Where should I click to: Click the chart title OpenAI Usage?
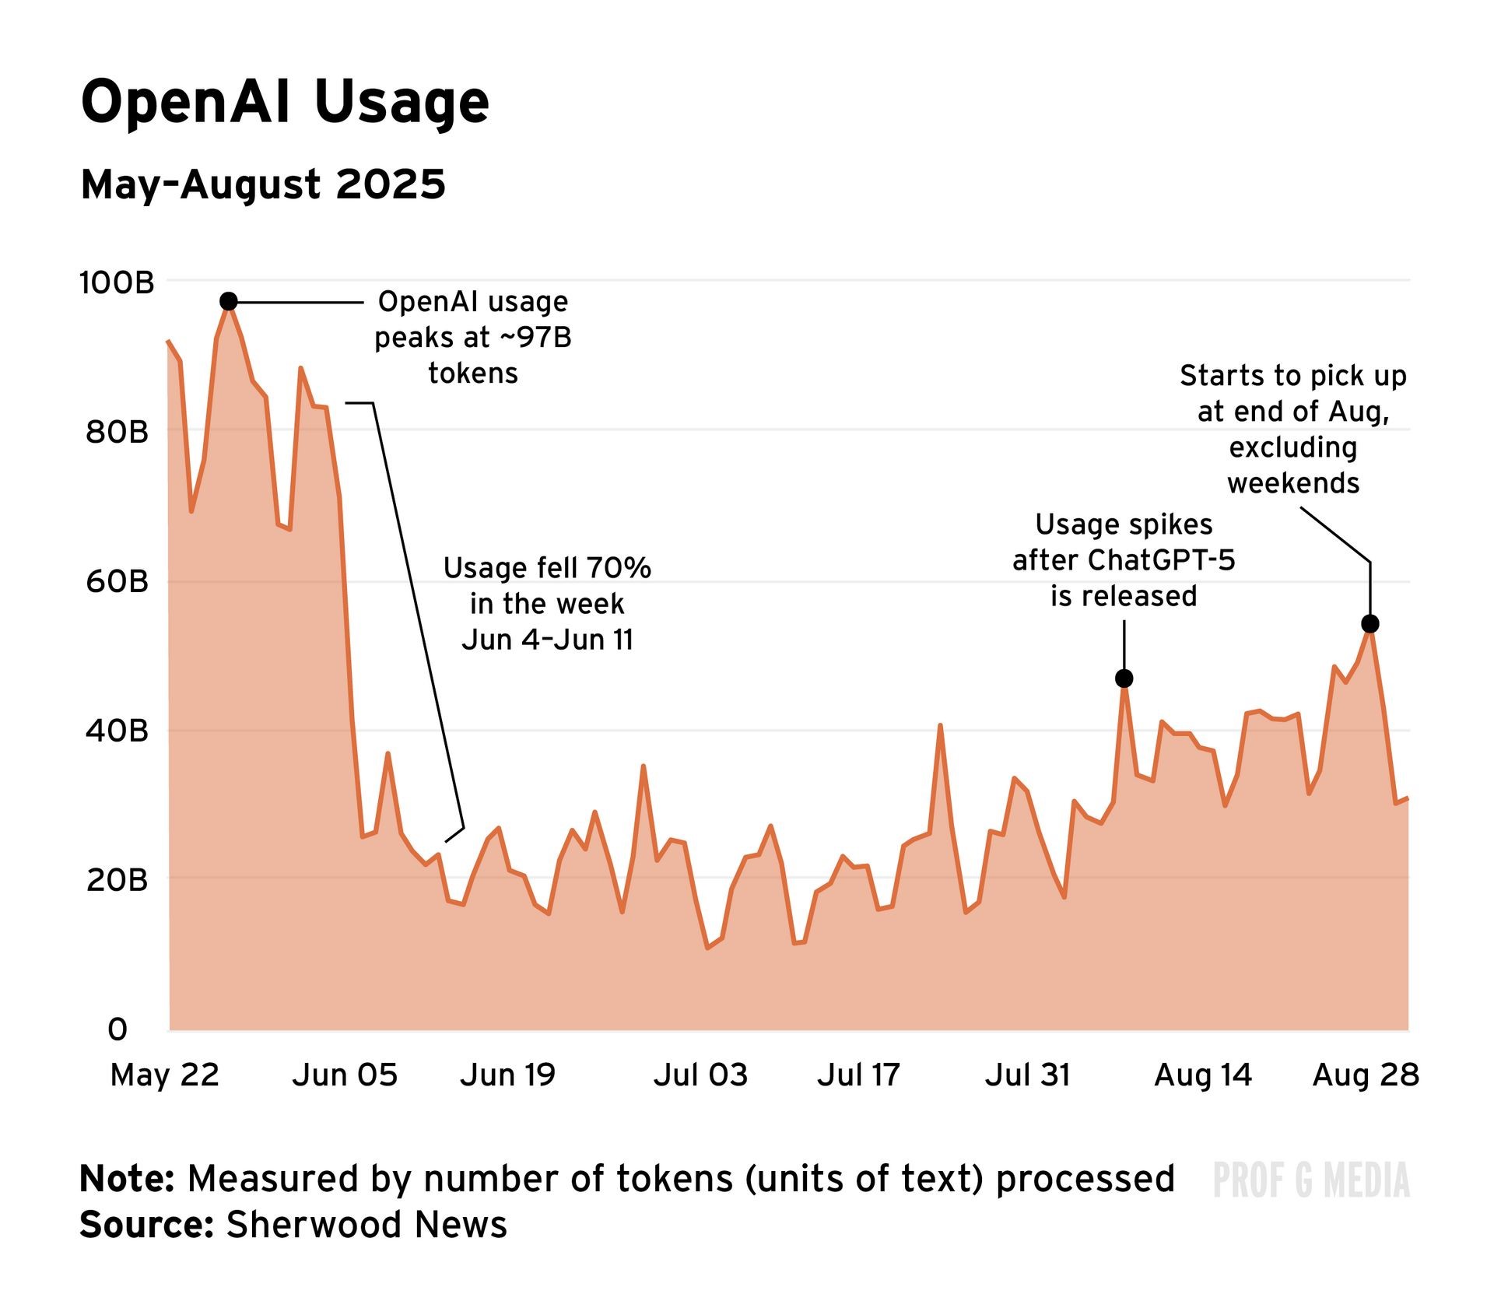tap(285, 103)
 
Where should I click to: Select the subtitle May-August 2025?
tap(263, 184)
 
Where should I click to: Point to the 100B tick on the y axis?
tap(117, 283)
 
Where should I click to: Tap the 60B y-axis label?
tap(117, 581)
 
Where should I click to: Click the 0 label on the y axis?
tap(117, 1029)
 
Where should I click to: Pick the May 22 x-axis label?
tap(165, 1075)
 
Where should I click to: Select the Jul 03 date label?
tap(700, 1075)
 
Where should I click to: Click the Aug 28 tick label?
tap(1366, 1075)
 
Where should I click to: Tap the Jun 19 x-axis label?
tap(507, 1075)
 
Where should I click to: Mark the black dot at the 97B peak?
tap(228, 301)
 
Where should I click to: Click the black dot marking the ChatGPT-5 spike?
tap(1124, 679)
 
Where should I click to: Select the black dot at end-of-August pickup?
tap(1370, 624)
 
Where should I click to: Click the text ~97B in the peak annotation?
tap(535, 338)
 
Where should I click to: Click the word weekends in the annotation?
tap(1293, 483)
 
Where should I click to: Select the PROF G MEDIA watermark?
tap(1311, 1180)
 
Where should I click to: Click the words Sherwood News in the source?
tap(366, 1225)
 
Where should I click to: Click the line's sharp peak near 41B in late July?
tap(940, 726)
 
